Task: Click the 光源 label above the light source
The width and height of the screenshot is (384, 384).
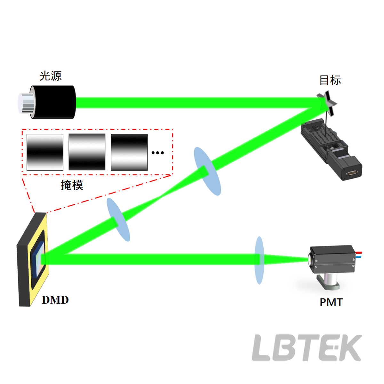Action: click(51, 76)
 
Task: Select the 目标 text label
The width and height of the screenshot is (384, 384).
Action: click(330, 80)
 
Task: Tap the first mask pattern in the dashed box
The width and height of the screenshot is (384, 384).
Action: click(45, 152)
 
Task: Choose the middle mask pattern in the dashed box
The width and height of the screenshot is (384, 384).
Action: click(87, 152)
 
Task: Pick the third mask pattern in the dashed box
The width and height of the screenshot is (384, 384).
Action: click(129, 152)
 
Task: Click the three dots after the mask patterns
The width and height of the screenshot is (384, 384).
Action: click(158, 153)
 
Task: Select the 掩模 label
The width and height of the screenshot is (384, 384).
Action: click(72, 185)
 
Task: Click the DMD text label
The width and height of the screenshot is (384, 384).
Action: click(55, 300)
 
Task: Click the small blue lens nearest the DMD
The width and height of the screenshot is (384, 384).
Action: click(118, 220)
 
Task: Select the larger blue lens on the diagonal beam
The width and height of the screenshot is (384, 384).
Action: click(207, 171)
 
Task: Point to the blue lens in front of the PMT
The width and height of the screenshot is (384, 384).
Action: click(259, 260)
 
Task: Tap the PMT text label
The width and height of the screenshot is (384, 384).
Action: click(331, 302)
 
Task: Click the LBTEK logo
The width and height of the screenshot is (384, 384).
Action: click(307, 348)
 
